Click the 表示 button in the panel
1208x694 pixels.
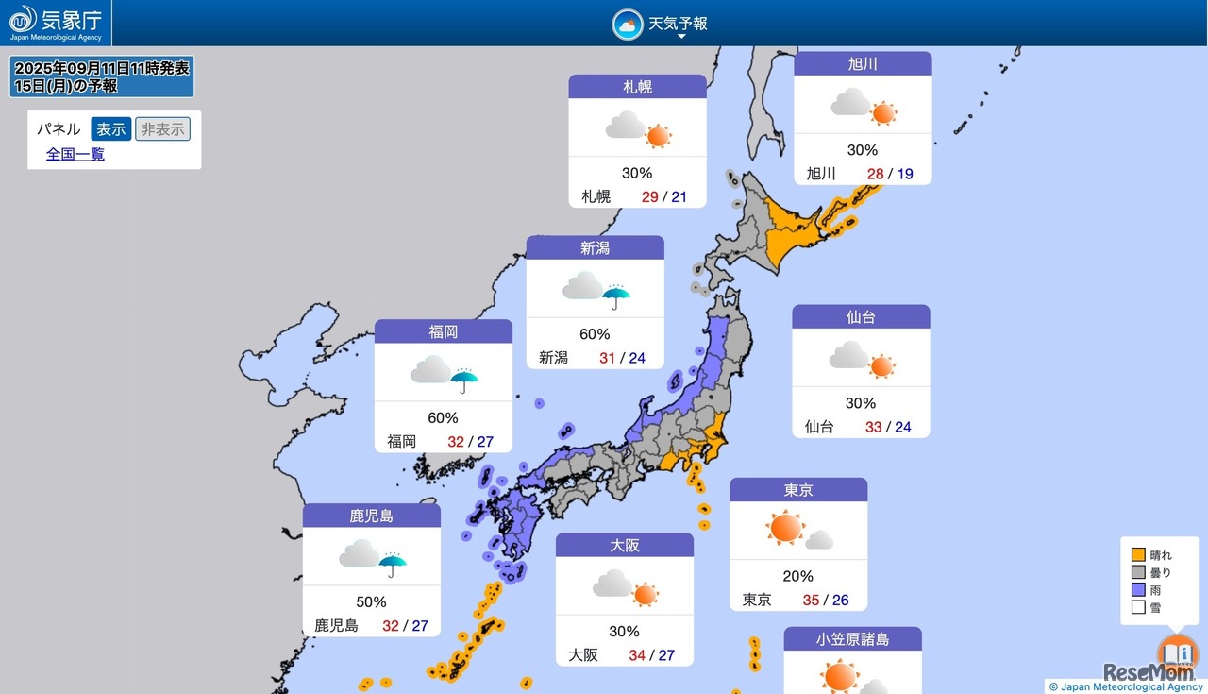click(x=110, y=129)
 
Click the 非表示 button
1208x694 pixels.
click(x=162, y=129)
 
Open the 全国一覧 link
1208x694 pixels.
click(x=75, y=154)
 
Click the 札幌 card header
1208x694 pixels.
click(x=637, y=87)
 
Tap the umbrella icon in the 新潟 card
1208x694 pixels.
click(x=616, y=296)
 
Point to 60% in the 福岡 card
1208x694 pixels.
click(x=443, y=417)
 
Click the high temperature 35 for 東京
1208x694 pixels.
click(x=811, y=600)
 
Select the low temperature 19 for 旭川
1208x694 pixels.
click(x=905, y=174)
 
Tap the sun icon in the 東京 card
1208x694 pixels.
click(x=785, y=528)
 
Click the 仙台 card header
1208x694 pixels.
click(x=861, y=317)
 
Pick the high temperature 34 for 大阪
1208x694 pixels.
click(x=637, y=654)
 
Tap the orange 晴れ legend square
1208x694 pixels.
click(x=1138, y=555)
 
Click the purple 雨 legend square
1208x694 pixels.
click(x=1138, y=590)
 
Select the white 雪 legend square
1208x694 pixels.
click(x=1138, y=607)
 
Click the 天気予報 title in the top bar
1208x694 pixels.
click(x=677, y=24)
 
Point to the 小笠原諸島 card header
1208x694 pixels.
click(x=852, y=639)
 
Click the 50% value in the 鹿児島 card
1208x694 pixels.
click(x=371, y=601)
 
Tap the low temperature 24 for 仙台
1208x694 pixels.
click(x=903, y=427)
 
